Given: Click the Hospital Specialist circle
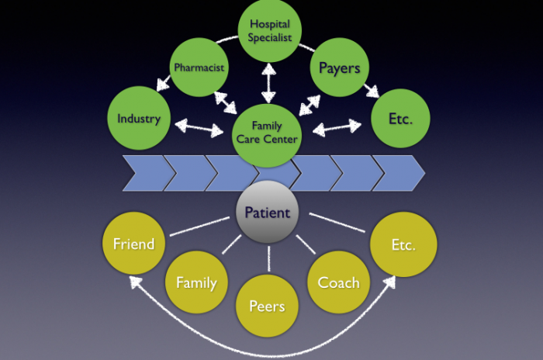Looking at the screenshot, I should coord(269,30).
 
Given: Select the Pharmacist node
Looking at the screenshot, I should coord(199,67).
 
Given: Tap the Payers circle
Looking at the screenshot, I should coord(339,67).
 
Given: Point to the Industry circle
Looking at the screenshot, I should coord(138,119).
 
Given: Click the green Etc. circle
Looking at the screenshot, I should coord(399,119).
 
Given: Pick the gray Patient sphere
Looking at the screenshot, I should coord(268,212).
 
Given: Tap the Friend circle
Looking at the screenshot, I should coord(133,244).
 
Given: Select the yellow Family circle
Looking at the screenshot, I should coord(195,282).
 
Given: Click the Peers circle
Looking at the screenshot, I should coord(266,306).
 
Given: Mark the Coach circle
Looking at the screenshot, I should coord(338,282).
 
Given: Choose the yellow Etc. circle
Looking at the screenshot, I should coord(403,244).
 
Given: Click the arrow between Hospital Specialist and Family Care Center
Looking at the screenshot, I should coord(268,82).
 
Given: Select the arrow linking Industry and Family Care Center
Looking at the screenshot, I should coord(199,126).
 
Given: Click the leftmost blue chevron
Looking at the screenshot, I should coord(143,173).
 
